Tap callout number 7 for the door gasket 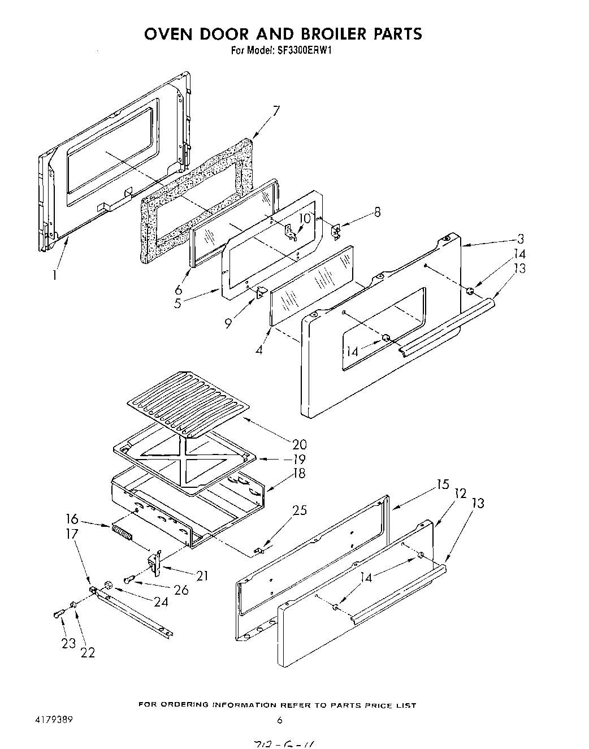(x=275, y=111)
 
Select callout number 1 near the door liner (x=54, y=275)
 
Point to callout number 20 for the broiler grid (x=298, y=443)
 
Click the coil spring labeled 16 (x=122, y=533)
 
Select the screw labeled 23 (x=58, y=614)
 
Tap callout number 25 (x=300, y=510)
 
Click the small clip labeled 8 (x=335, y=230)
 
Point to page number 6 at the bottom (x=279, y=720)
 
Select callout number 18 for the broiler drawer (x=298, y=473)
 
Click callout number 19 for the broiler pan (x=298, y=458)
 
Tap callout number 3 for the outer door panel (x=519, y=238)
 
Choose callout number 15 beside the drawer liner (x=442, y=484)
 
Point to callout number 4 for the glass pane (x=259, y=349)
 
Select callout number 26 (x=181, y=590)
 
